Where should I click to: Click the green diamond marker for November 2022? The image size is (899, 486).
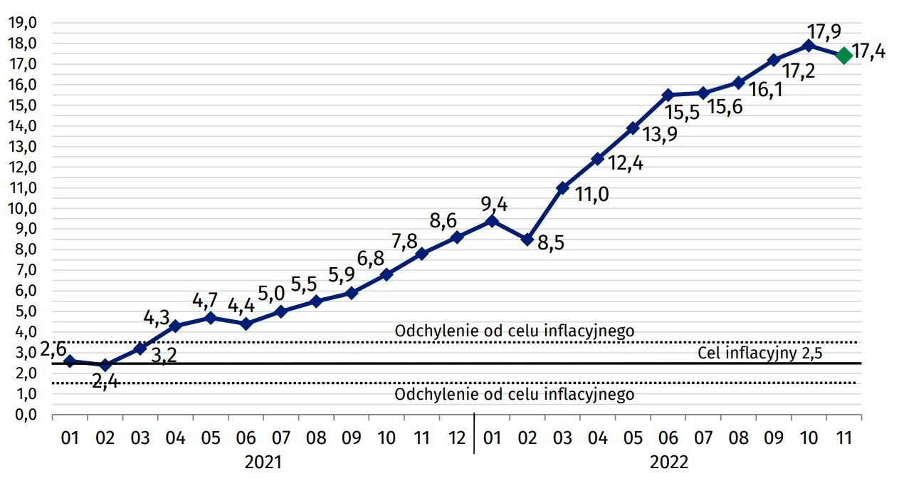pos(843,56)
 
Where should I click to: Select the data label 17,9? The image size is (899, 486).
pos(825,31)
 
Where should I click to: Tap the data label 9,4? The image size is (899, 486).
pos(494,205)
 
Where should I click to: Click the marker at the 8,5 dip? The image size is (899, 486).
pos(527,240)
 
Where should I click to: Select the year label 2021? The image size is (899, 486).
pos(263,462)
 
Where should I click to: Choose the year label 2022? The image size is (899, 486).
pos(668,462)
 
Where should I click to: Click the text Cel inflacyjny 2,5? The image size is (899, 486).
pos(759,353)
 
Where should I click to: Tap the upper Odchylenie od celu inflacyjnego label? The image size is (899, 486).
pos(514,331)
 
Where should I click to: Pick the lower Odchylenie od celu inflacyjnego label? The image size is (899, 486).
pos(514,394)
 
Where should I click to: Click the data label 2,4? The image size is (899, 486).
pos(105,382)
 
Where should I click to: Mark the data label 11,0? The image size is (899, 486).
pos(592,194)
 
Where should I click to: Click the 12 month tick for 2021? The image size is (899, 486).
pos(456,437)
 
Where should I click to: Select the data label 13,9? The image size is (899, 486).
pos(661,136)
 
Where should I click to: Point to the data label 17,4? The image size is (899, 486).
pos(868,51)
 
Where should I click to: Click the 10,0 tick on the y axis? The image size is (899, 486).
pos(23,208)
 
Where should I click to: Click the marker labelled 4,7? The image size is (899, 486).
pos(210,318)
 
